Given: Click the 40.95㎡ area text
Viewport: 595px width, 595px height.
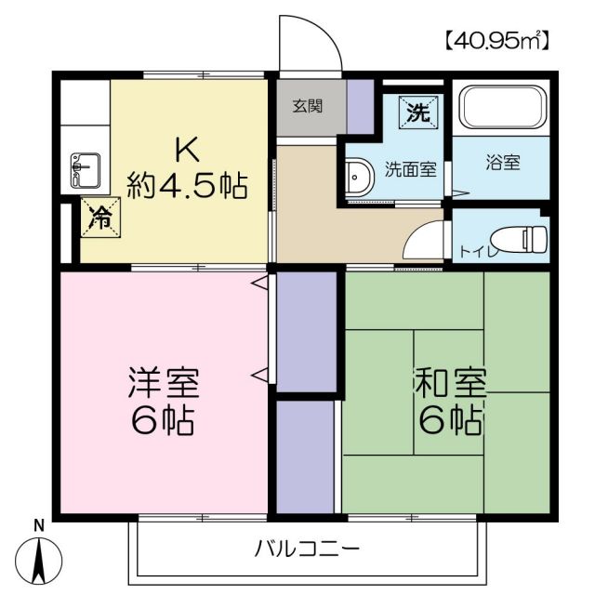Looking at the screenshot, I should click(x=496, y=41).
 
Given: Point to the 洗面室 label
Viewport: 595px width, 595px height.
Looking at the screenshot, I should click(x=411, y=170).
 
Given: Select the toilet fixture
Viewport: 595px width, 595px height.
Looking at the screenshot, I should click(x=522, y=239).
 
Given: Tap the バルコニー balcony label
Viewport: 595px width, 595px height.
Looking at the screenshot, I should click(x=307, y=549).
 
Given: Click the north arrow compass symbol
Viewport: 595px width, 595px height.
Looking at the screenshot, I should click(x=40, y=561).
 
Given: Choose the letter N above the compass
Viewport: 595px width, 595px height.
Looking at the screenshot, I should click(x=39, y=524).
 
